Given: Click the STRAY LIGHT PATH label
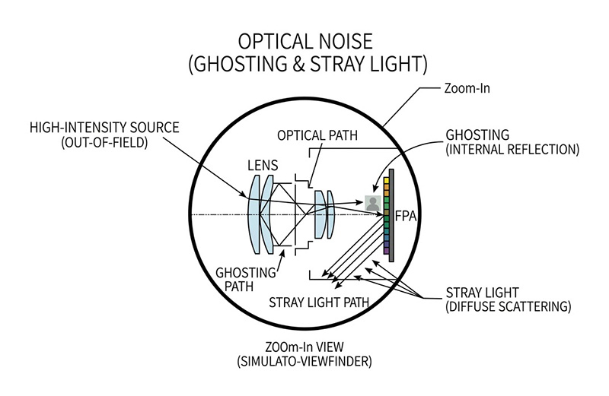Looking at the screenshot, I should tap(319, 302).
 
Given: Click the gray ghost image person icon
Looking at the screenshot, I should tap(373, 203).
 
